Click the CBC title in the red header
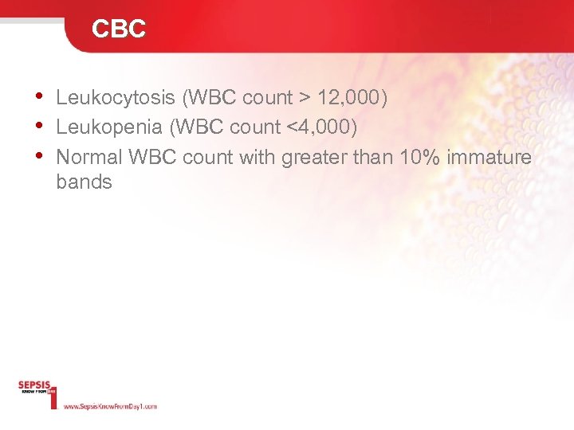[x=119, y=29]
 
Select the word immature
[x=489, y=158]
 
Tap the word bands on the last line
[x=84, y=182]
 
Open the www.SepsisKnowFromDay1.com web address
[x=110, y=406]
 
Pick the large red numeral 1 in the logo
[x=53, y=396]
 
